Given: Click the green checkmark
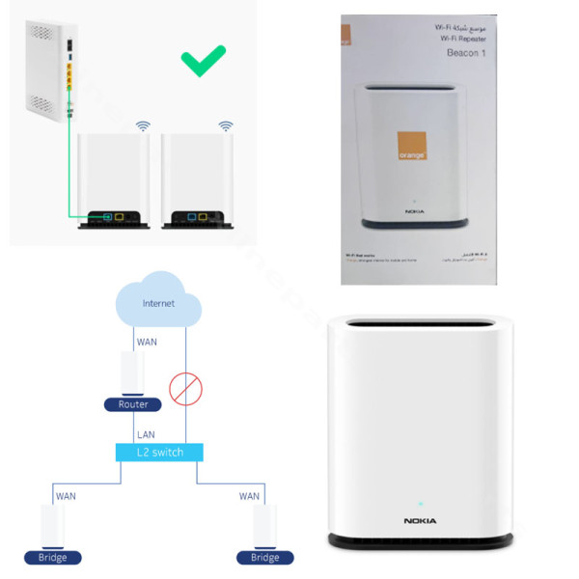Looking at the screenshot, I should (x=205, y=61).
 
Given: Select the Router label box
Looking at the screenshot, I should (x=133, y=404).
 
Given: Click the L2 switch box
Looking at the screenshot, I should (x=160, y=452).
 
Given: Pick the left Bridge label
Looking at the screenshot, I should (x=53, y=558).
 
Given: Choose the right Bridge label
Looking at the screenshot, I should (x=265, y=558).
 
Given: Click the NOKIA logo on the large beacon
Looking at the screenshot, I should (x=420, y=521).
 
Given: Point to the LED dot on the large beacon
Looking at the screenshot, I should (x=420, y=503).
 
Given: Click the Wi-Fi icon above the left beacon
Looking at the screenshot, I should (x=143, y=126).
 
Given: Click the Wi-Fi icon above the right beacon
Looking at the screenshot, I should (x=226, y=126).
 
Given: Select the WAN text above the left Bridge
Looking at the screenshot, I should (x=66, y=496).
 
